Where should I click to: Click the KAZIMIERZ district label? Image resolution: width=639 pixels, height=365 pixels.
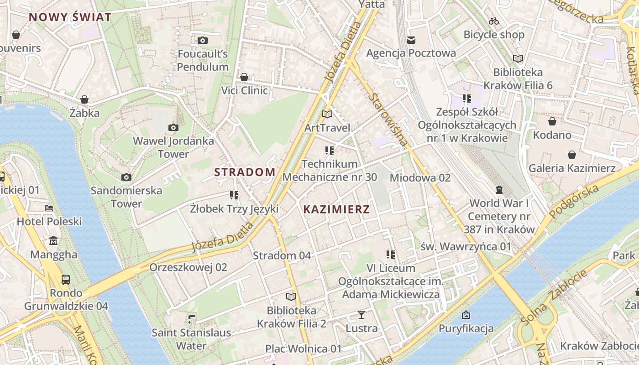(336, 209)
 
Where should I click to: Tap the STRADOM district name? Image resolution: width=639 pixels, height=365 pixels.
(245, 172)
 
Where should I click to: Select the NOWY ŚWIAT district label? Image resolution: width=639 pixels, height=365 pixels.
(70, 17)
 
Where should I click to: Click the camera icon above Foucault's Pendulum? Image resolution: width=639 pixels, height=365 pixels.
(203, 41)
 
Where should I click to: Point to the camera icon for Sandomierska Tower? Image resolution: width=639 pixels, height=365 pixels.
(126, 177)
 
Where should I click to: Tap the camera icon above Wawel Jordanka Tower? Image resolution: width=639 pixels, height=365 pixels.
(173, 127)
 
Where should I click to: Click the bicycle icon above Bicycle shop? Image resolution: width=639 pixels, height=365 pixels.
(494, 21)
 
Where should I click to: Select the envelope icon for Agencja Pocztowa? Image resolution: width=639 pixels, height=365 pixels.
(411, 40)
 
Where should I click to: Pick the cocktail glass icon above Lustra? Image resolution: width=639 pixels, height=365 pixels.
(361, 315)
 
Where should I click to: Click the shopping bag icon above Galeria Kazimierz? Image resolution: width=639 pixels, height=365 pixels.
(572, 155)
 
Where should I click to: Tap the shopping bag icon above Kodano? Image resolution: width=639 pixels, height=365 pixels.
(552, 121)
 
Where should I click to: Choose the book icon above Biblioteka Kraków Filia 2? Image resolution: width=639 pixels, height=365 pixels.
(291, 297)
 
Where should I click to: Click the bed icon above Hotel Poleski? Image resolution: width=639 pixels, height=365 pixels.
(49, 208)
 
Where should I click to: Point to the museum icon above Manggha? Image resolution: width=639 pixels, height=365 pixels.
(54, 240)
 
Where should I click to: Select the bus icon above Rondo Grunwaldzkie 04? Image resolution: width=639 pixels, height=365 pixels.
(66, 279)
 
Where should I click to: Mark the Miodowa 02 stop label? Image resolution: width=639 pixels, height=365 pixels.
(420, 178)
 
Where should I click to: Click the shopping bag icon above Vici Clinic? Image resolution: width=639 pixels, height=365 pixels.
(244, 77)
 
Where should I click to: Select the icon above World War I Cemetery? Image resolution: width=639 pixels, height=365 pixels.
(499, 189)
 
